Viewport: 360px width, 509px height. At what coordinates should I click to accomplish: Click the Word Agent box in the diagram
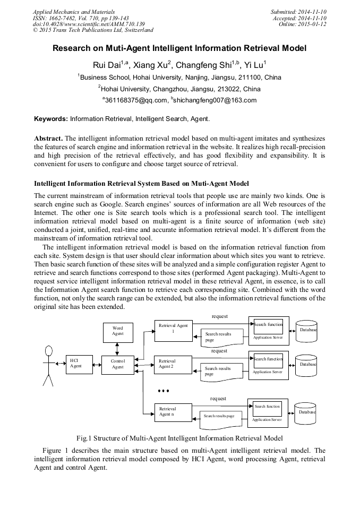tap(118, 331)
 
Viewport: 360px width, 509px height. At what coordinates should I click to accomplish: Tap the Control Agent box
tap(118, 365)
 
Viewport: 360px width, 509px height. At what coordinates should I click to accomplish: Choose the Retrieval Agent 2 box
tap(173, 364)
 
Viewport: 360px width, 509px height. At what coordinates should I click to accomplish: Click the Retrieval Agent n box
tap(173, 411)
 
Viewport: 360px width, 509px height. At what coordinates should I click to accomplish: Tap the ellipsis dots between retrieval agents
tap(164, 391)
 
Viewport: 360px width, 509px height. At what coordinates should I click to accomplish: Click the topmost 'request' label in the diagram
tap(219, 316)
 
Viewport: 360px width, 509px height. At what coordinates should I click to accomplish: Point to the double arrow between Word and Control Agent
tap(118, 349)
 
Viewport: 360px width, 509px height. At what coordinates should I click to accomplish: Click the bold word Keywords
tap(51, 119)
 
